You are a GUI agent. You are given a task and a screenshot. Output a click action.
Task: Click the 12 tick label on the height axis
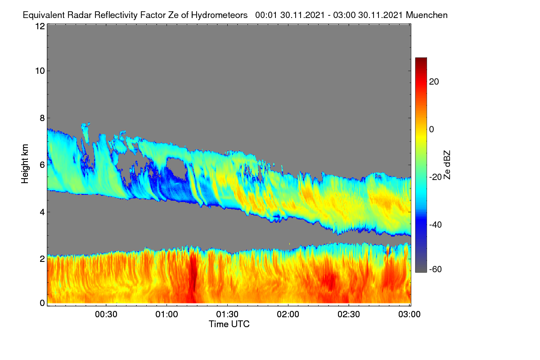[40, 26]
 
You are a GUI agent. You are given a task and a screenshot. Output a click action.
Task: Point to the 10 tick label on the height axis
[40, 71]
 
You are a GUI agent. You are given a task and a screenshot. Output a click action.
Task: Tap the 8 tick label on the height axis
[42, 118]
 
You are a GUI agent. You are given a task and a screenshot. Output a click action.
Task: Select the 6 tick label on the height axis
[42, 165]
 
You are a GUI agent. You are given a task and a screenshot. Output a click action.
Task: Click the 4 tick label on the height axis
[42, 212]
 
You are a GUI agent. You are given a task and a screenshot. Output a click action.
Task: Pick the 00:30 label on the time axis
[106, 315]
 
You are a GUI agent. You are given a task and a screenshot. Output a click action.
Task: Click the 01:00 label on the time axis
[166, 315]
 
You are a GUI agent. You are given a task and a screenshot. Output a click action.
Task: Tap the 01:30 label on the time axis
[227, 315]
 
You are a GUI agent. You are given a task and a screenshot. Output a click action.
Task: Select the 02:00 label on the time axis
[288, 315]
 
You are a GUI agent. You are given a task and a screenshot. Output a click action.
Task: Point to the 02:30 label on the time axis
[349, 315]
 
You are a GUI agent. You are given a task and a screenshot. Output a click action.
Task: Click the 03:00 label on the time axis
[409, 315]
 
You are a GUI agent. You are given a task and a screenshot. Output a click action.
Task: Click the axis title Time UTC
[229, 324]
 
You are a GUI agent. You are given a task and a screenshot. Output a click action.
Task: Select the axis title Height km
[25, 164]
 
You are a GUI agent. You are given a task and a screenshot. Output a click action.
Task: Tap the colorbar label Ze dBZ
[447, 165]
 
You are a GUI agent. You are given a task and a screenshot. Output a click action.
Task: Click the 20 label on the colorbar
[434, 82]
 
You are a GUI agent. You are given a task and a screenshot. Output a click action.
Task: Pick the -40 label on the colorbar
[436, 225]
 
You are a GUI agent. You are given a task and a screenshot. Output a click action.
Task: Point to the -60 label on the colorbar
[436, 270]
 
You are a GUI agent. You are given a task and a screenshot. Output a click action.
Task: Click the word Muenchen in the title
[427, 15]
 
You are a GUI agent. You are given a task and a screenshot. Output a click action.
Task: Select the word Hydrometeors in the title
[219, 15]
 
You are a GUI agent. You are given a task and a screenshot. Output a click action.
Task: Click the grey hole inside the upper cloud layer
[176, 168]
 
